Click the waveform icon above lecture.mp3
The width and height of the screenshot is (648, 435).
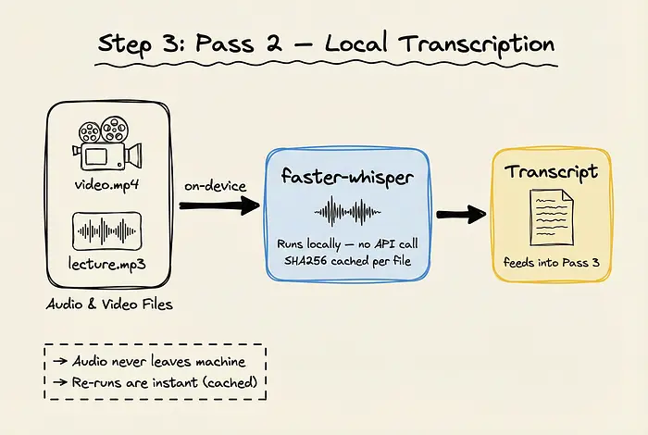(109, 230)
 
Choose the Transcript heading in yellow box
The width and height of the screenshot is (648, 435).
(552, 171)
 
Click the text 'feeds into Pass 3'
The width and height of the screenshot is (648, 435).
(552, 263)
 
